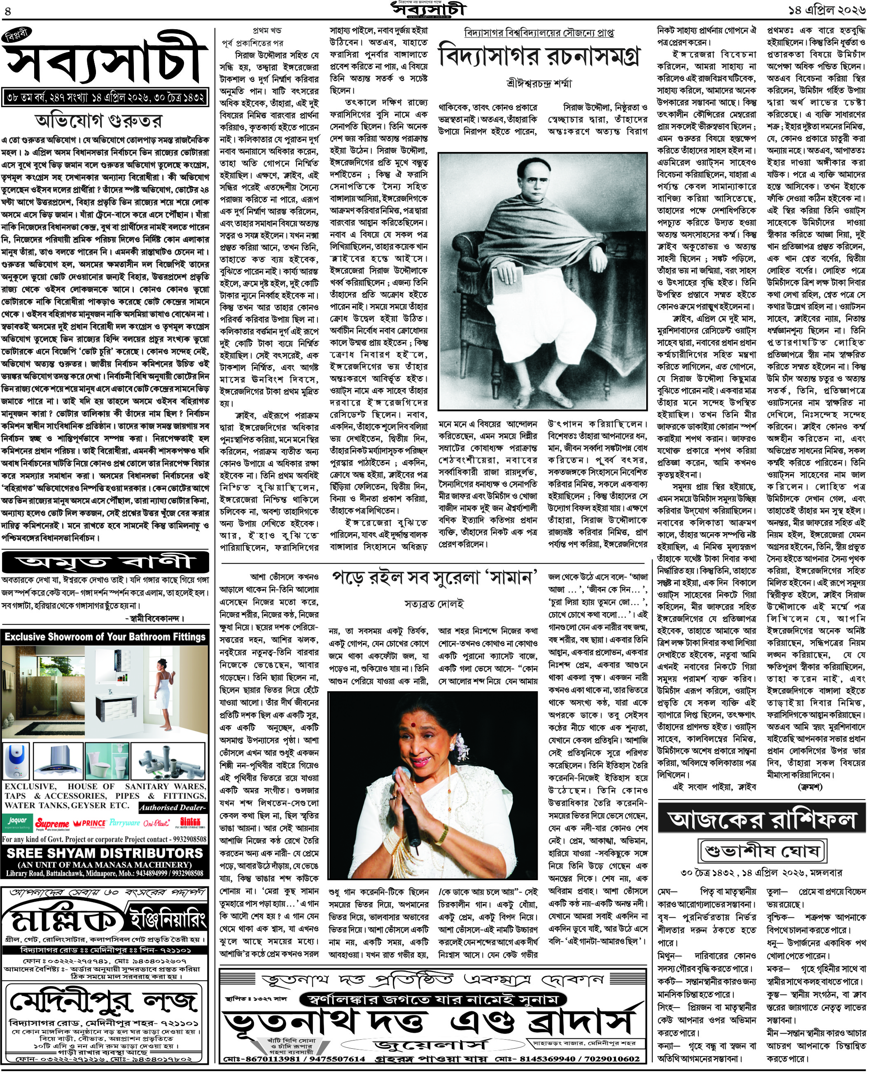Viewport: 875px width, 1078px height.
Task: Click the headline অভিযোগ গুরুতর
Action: [x=99, y=121]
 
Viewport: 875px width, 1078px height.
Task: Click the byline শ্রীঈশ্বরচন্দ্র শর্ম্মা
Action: [x=539, y=84]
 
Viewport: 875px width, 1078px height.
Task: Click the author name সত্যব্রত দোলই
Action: [x=434, y=603]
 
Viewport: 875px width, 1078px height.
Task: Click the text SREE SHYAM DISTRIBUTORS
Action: [x=105, y=853]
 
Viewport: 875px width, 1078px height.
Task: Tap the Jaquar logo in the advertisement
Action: [x=16, y=822]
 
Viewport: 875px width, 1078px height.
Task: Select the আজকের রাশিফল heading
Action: [x=762, y=819]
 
